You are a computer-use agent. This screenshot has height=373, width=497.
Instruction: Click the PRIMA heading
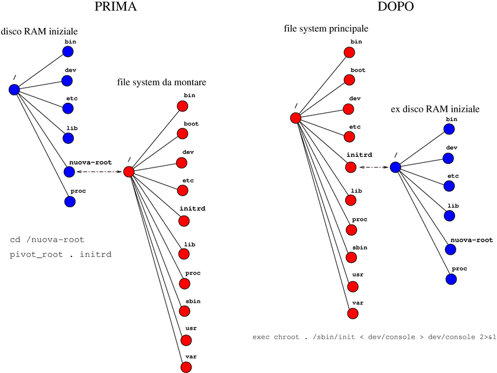pos(116,8)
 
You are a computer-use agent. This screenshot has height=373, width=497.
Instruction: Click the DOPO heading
pos(396,8)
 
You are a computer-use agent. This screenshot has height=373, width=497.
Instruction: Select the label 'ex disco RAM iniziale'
pos(435,110)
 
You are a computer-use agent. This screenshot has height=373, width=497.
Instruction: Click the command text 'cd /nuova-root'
pos(47,240)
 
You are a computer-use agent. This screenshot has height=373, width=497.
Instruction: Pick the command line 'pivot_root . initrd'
pos(61,255)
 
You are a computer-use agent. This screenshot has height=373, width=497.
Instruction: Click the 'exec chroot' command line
pos(373,337)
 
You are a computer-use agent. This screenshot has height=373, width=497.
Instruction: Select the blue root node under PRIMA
pos(15,89)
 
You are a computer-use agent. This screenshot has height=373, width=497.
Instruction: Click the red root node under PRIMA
pos(129,172)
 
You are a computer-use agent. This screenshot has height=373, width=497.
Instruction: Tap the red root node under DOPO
pos(296,118)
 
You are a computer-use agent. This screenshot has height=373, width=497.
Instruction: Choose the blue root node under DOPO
pos(395,168)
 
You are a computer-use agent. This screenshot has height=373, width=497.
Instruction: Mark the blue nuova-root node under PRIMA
pos(69,172)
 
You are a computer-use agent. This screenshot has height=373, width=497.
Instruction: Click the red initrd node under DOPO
pos(351,168)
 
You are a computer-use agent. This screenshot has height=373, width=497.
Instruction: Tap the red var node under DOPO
pos(353,314)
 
